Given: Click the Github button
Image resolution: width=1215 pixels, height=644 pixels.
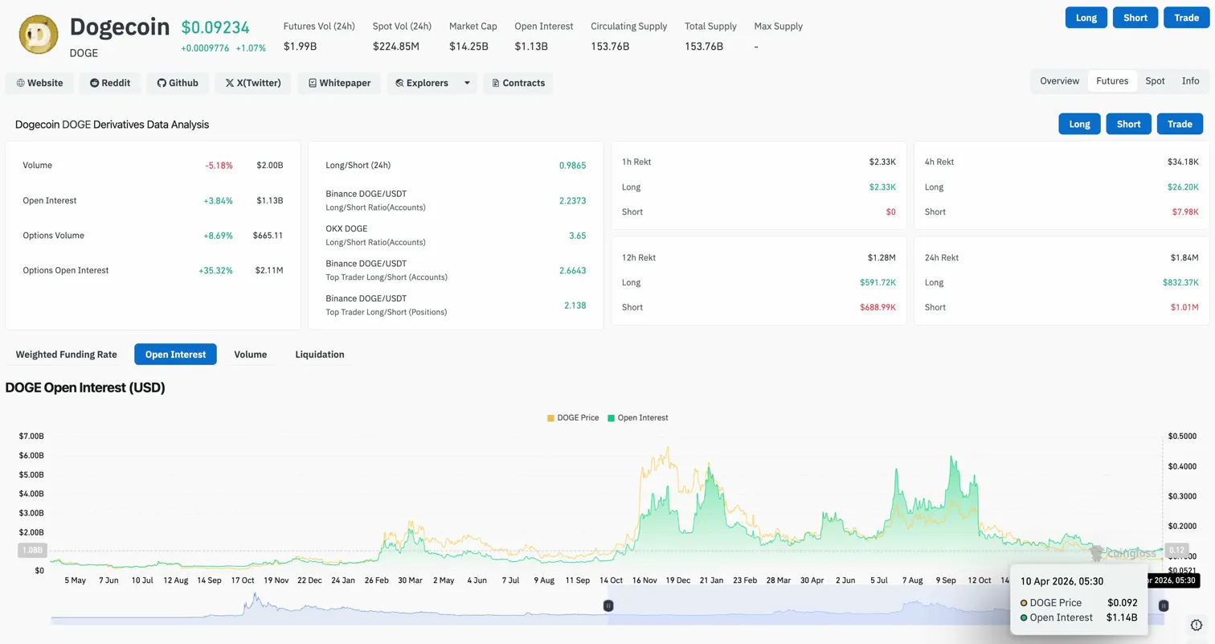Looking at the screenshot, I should tap(178, 83).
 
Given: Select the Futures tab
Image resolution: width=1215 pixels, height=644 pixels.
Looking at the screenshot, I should tap(1112, 81).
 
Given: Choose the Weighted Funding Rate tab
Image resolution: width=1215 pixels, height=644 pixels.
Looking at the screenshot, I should tap(67, 355).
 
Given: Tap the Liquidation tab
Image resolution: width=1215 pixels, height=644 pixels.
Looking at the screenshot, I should tap(320, 355).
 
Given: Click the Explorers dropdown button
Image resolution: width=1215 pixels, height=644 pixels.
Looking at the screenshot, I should tap(432, 83).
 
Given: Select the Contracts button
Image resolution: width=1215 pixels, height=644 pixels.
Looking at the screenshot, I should tap(518, 83).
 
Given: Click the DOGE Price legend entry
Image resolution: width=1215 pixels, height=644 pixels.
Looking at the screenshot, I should tap(573, 418).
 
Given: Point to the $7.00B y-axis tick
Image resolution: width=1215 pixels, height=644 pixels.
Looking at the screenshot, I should tap(32, 436).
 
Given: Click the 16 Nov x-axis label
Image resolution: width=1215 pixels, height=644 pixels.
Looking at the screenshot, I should tap(644, 580).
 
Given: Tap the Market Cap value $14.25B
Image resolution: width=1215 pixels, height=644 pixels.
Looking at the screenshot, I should tap(468, 47).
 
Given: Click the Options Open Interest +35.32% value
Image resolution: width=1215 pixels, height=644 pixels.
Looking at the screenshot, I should tap(215, 271).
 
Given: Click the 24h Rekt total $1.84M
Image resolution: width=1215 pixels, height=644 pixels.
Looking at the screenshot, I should tap(1184, 258).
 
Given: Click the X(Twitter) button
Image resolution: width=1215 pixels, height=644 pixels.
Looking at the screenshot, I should tap(253, 83).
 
